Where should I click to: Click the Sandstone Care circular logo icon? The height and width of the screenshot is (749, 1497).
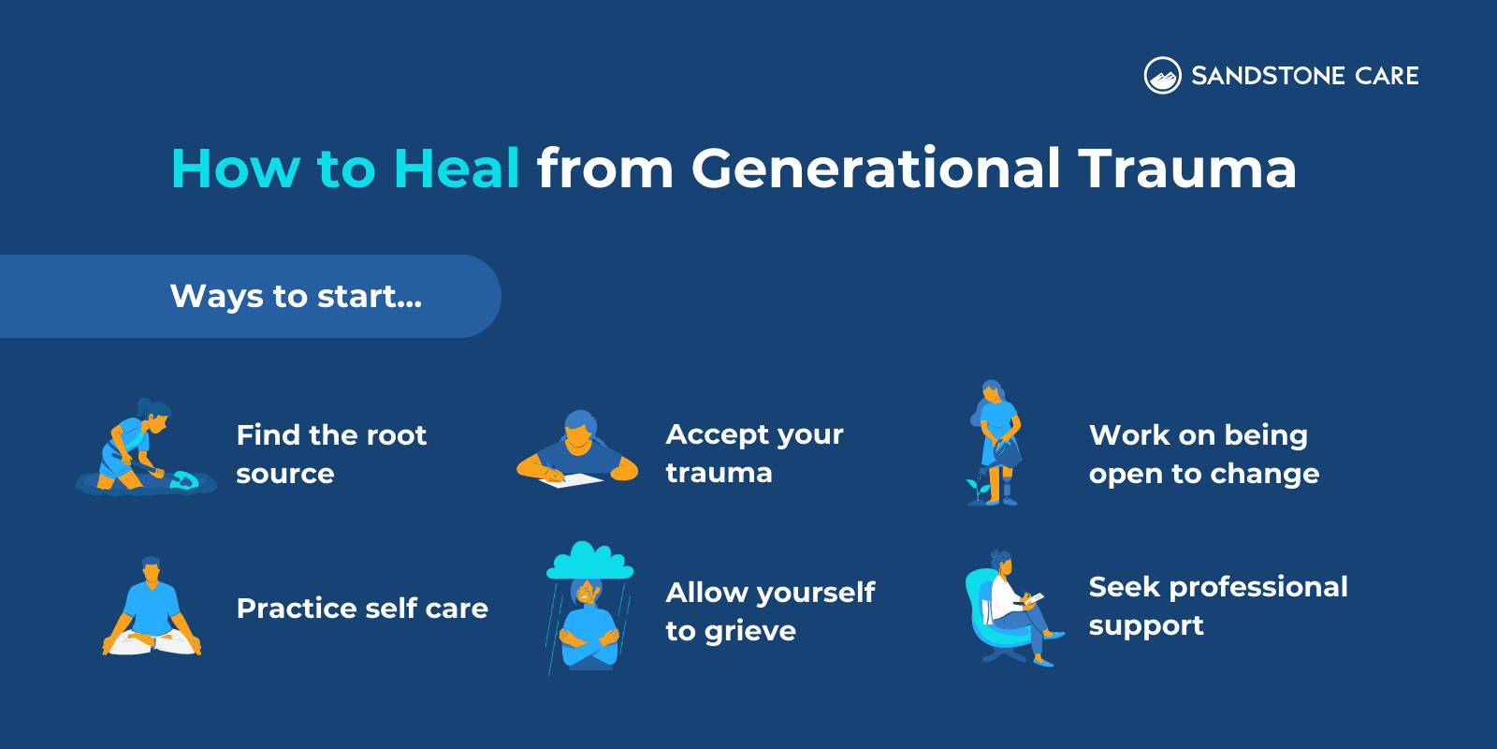(1162, 76)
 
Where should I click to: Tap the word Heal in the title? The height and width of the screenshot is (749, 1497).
(456, 169)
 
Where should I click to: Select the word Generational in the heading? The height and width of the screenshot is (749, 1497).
(876, 169)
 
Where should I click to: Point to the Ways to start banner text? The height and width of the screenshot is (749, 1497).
(296, 296)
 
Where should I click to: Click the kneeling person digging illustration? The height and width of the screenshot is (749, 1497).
(136, 448)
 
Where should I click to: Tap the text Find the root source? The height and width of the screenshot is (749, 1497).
(331, 454)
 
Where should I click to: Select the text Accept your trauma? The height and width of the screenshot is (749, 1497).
(754, 453)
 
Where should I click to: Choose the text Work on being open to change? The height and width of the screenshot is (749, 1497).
(1203, 454)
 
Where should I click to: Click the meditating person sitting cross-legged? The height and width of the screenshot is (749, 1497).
(152, 608)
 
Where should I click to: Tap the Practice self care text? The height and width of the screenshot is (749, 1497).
(362, 609)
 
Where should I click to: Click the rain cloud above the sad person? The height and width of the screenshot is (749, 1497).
(589, 561)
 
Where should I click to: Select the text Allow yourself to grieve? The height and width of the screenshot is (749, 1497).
(769, 611)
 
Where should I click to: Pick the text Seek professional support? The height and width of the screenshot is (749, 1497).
(1217, 606)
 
